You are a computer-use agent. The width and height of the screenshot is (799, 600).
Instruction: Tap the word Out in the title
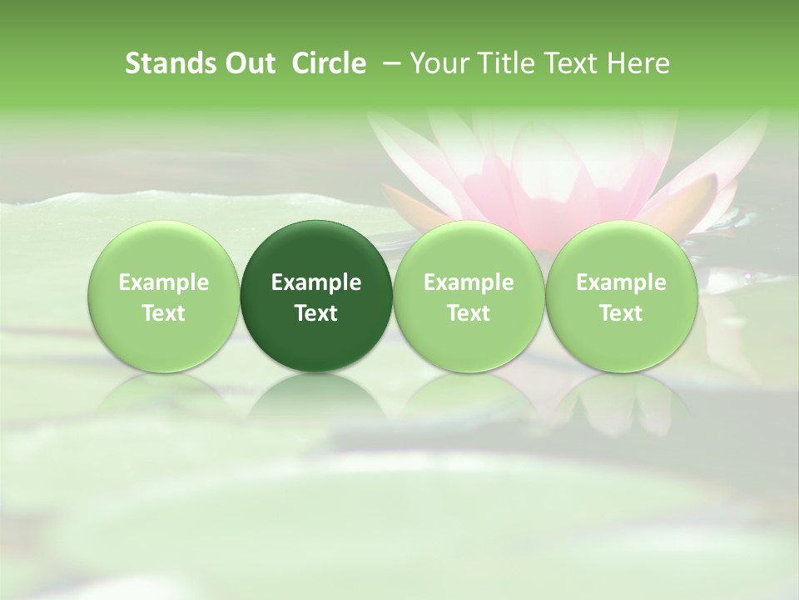click(x=247, y=63)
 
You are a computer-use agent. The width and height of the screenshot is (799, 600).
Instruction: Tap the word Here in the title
click(x=638, y=63)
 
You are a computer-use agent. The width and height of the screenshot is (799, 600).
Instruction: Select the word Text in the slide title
click(x=568, y=63)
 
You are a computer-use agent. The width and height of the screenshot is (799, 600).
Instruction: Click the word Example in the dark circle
click(x=316, y=283)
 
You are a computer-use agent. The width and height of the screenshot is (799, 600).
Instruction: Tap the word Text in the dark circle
click(x=316, y=313)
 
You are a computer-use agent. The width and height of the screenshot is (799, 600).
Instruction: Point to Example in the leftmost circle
click(x=163, y=283)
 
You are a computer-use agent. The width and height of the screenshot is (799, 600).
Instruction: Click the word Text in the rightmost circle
click(x=621, y=313)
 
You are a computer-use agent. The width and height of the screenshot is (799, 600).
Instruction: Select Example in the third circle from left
click(x=469, y=283)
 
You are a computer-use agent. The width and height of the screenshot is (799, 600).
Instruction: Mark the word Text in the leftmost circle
click(x=163, y=313)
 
